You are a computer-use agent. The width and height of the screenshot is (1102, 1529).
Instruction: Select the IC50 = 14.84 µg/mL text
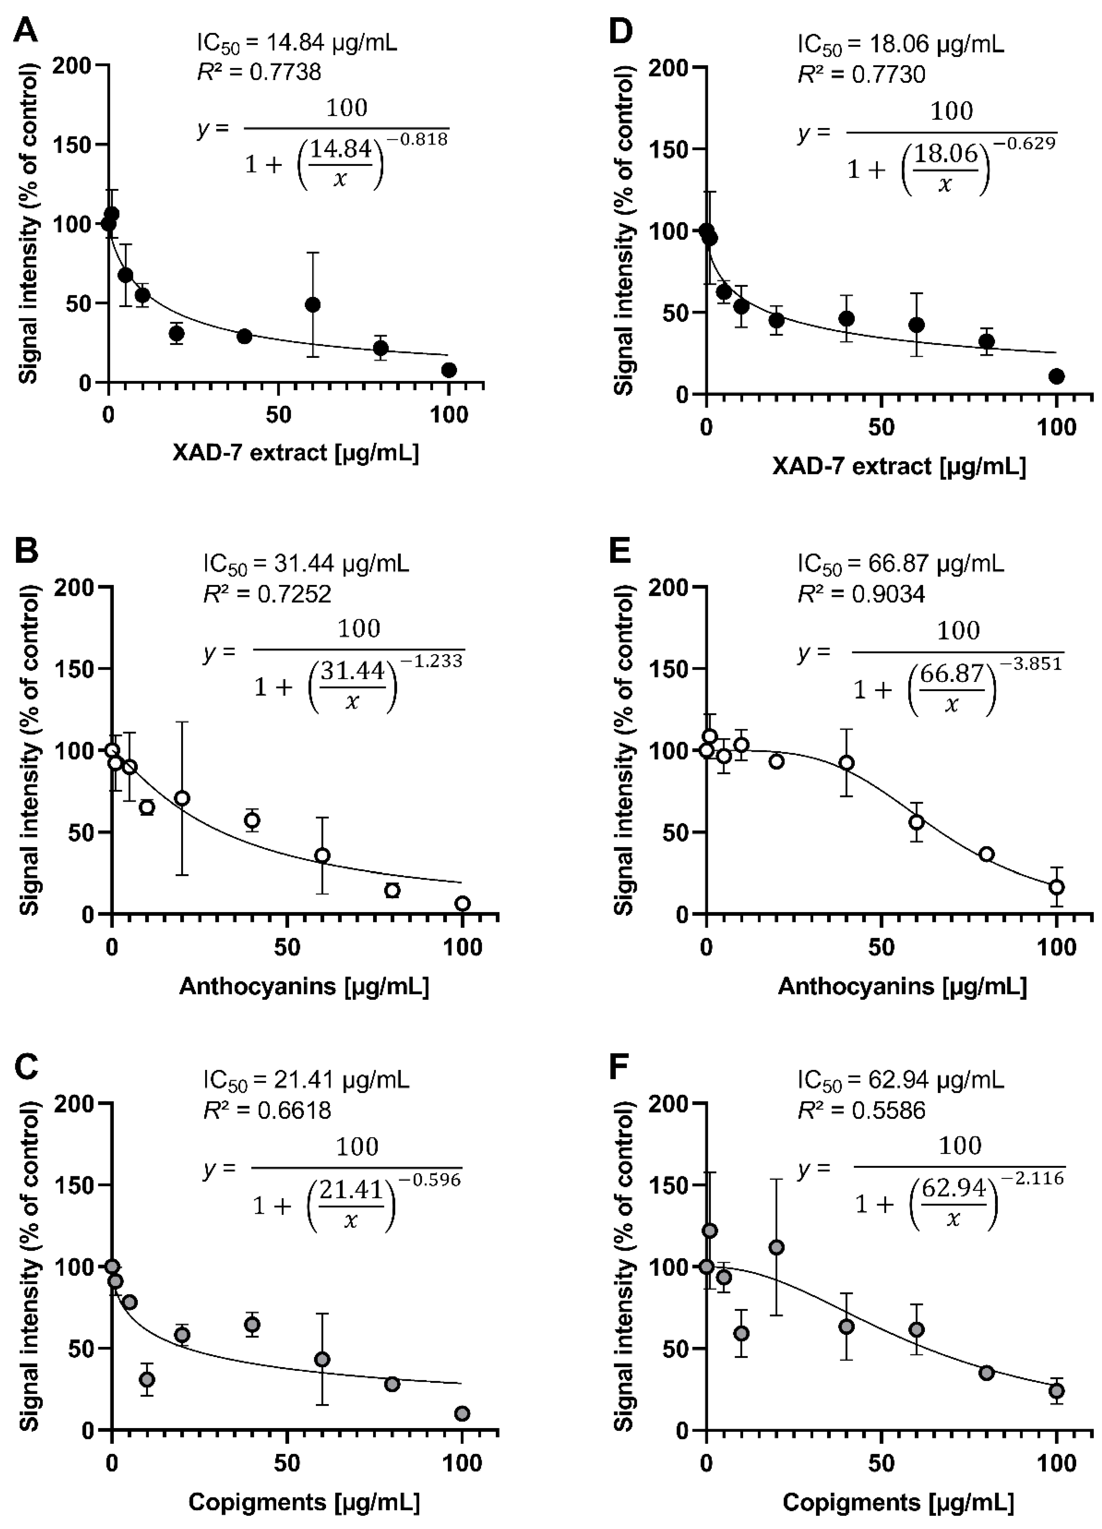tap(297, 43)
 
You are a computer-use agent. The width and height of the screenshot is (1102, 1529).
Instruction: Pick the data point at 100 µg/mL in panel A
tap(449, 369)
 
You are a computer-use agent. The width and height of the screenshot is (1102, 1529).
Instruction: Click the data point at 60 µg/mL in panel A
tap(313, 305)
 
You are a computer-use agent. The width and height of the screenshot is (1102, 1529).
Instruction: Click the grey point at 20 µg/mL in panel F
tap(776, 1247)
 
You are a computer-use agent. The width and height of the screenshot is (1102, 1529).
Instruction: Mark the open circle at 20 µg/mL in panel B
tap(182, 798)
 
